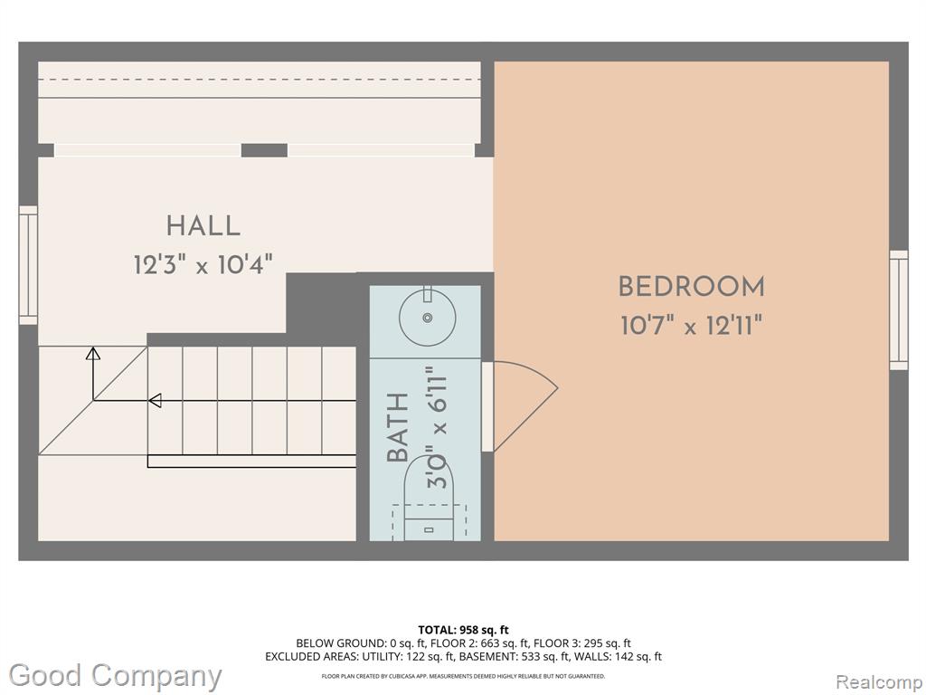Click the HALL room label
[203, 225]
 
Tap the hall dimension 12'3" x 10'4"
[203, 264]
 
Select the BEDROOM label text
[692, 287]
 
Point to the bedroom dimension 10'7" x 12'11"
[692, 325]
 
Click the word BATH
[398, 427]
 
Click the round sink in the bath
[428, 317]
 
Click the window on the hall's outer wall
[28, 265]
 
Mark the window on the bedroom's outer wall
[899, 310]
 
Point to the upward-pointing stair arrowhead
[93, 354]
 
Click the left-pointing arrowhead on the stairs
[155, 401]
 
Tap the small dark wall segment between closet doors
[265, 150]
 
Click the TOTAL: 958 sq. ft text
[463, 630]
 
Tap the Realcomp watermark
[879, 681]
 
